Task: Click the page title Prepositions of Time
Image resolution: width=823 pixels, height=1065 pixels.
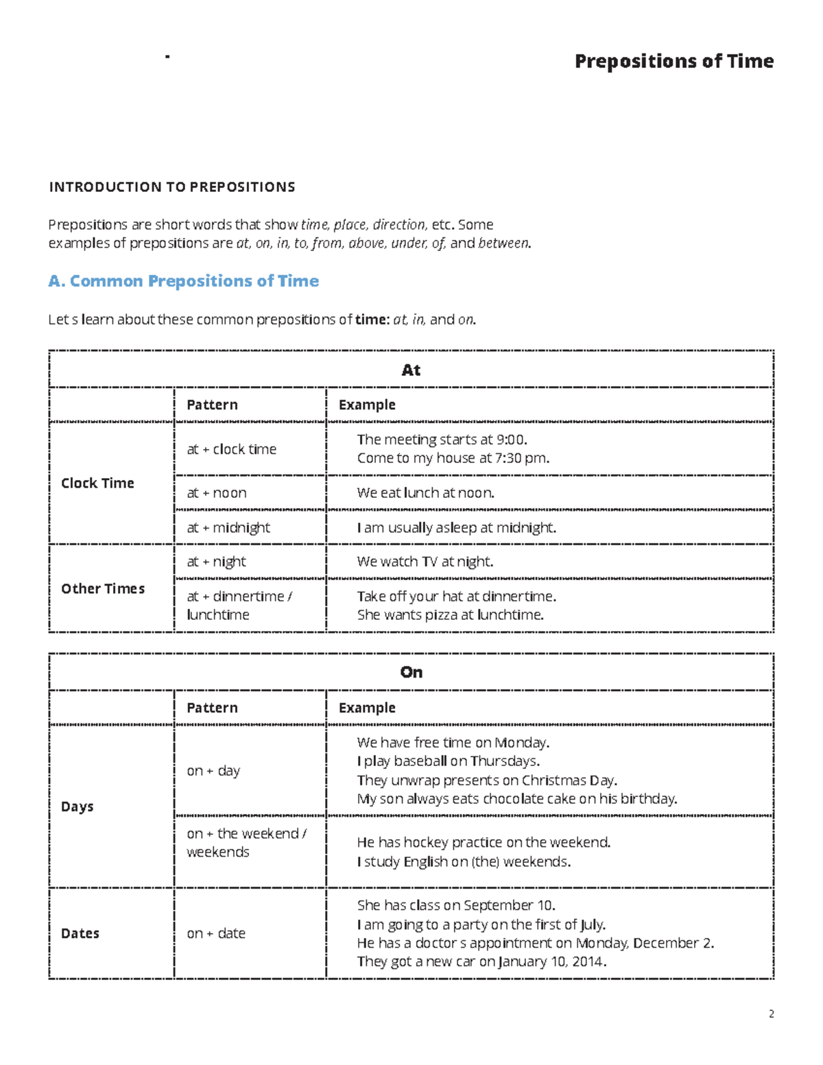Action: click(x=673, y=61)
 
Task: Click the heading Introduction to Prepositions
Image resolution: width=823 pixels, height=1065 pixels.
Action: click(x=171, y=187)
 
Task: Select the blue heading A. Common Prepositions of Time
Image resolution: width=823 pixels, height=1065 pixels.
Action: click(x=184, y=281)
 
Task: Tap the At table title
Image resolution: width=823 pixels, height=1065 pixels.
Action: click(x=411, y=370)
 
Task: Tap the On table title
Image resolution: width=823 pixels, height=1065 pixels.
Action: click(x=411, y=672)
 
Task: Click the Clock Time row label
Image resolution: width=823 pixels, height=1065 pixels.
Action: click(x=97, y=483)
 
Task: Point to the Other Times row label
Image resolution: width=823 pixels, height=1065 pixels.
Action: click(x=103, y=588)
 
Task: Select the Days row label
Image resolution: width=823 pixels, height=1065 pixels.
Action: click(x=77, y=806)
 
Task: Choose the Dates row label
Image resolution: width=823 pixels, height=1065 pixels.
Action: click(x=80, y=933)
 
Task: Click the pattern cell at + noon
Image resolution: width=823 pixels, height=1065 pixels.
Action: click(x=217, y=493)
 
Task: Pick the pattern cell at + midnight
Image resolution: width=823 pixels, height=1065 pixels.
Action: click(x=228, y=527)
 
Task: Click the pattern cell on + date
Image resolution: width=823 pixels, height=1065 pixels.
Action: click(x=216, y=933)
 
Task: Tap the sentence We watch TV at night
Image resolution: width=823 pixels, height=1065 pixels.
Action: click(x=425, y=562)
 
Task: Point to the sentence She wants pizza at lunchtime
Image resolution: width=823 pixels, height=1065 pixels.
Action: click(x=450, y=615)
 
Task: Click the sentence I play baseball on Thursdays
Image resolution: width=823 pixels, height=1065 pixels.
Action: click(x=448, y=761)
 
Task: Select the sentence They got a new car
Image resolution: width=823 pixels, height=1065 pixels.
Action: click(x=481, y=961)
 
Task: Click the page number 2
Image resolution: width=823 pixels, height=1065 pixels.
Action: click(x=772, y=1014)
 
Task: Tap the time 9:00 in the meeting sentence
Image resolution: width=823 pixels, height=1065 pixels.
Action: click(x=511, y=440)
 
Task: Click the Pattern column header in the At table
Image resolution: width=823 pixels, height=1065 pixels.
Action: click(x=212, y=405)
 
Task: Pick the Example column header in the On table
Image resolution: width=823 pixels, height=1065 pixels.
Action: click(x=367, y=708)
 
